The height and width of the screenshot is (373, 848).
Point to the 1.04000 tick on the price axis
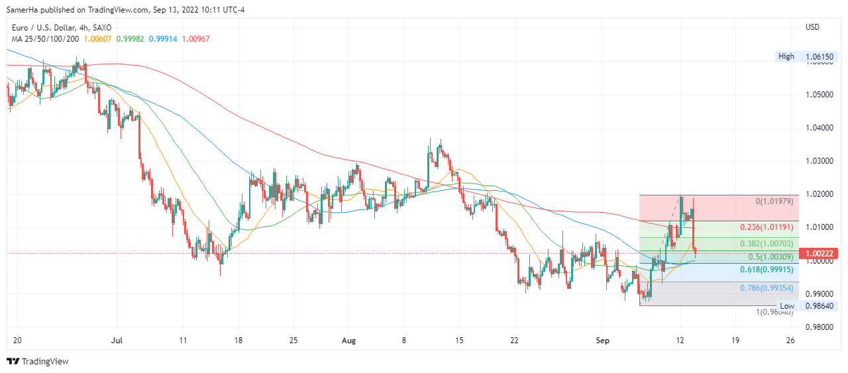pos(820,127)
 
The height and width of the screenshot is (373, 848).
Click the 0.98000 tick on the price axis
pos(820,327)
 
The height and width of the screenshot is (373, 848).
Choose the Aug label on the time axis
pos(349,341)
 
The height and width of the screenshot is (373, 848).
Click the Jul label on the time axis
pos(117,341)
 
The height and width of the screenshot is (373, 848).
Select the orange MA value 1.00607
pos(98,39)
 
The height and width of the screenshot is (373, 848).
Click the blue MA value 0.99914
pos(163,39)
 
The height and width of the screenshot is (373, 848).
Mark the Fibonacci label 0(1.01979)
pos(774,201)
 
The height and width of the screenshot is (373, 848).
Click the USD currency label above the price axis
pos(812,27)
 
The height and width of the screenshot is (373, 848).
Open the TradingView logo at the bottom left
pos(38,361)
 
